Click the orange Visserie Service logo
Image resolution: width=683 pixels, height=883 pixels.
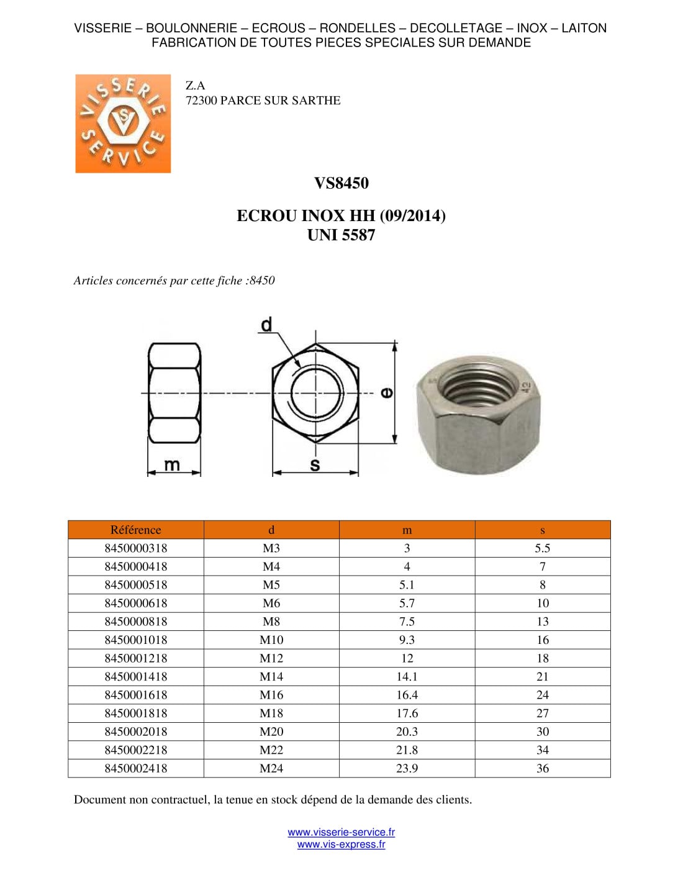(123, 124)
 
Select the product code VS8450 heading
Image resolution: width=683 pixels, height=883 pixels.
(341, 183)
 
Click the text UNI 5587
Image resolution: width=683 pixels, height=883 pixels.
(341, 235)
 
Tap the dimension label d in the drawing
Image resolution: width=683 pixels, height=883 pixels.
(266, 325)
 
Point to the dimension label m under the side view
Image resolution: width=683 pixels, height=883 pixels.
(171, 464)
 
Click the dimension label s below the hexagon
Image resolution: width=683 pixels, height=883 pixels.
(315, 465)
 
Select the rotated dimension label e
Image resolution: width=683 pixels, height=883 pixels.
(386, 392)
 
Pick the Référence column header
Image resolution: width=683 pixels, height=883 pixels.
(135, 530)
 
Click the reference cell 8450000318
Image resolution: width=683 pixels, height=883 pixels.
(135, 548)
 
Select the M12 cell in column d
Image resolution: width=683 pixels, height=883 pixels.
(271, 658)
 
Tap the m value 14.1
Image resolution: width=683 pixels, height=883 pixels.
(407, 677)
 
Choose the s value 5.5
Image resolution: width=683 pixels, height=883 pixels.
(542, 548)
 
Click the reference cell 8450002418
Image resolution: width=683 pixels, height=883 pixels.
(135, 768)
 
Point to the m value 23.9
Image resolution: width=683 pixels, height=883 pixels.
(407, 768)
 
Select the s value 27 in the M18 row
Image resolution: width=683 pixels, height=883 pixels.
(542, 713)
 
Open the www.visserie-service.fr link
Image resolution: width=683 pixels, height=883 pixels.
(341, 832)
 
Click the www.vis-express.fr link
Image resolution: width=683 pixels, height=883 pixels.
(341, 845)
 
